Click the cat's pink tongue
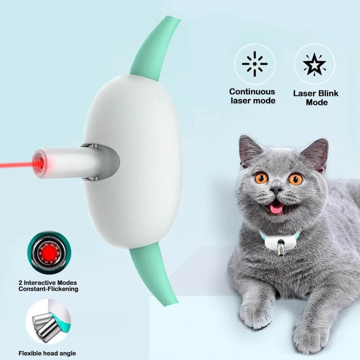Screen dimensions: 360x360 pyautogui.click(x=276, y=207)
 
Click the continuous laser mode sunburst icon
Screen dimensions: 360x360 pyautogui.click(x=255, y=64)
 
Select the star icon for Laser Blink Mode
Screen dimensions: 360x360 pyautogui.click(x=314, y=64)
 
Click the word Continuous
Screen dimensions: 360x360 pyautogui.click(x=252, y=91)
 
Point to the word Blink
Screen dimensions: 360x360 pyautogui.click(x=329, y=94)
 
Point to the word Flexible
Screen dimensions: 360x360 pyautogui.click(x=31, y=353)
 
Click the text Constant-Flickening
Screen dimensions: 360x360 pyautogui.click(x=48, y=289)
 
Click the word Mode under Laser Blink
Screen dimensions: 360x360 pyautogui.click(x=316, y=102)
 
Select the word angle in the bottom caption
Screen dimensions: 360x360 pyautogui.click(x=67, y=353)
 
